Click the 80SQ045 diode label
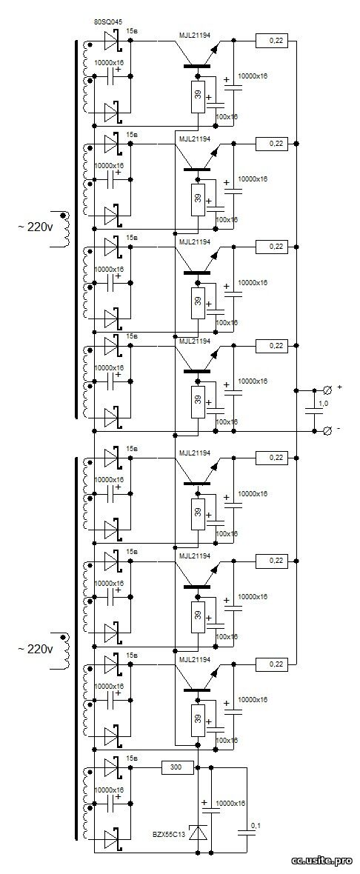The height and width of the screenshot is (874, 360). click(x=109, y=22)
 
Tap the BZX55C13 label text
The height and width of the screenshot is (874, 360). click(x=170, y=835)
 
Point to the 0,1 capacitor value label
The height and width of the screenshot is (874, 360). click(x=256, y=824)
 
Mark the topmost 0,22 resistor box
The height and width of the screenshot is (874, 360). click(x=272, y=40)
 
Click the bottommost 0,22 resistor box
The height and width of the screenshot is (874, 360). click(x=272, y=664)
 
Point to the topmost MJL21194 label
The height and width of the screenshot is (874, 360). click(x=195, y=35)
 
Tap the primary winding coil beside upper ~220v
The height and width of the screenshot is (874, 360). click(x=64, y=229)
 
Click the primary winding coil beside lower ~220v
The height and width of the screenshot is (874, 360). click(x=64, y=651)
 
